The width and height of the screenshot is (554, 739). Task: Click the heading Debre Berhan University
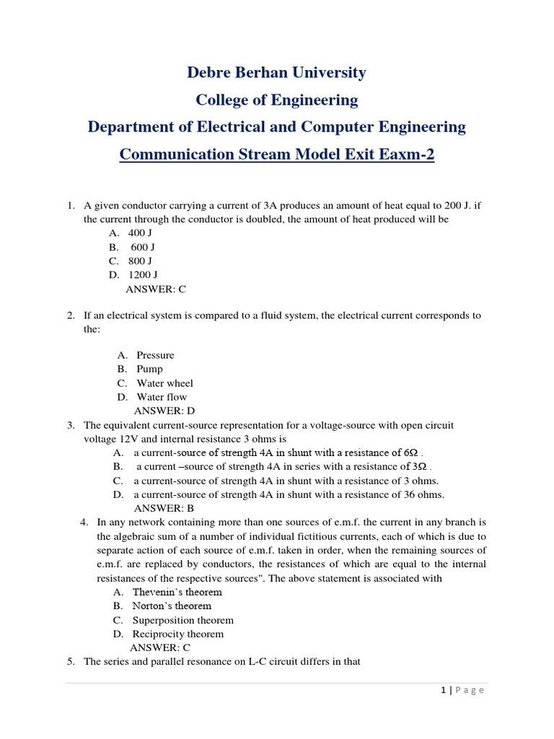click(277, 73)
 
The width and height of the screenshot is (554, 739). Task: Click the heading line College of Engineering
click(277, 100)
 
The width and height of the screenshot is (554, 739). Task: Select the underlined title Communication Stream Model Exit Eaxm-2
click(277, 154)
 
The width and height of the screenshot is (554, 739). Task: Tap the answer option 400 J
click(140, 233)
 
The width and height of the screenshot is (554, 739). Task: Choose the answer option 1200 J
click(143, 274)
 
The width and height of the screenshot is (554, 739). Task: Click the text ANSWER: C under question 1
click(156, 289)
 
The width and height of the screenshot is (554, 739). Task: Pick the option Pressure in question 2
click(155, 355)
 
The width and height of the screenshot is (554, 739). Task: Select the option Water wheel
click(164, 383)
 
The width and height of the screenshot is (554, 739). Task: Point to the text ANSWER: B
click(164, 508)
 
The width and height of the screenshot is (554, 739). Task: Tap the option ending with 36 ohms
click(289, 494)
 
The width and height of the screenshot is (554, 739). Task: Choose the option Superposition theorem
click(183, 620)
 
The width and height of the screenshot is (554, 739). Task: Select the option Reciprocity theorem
click(178, 634)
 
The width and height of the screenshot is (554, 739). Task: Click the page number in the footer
click(444, 690)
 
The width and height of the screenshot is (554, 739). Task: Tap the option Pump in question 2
click(149, 369)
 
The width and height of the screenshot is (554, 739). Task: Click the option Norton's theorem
click(172, 606)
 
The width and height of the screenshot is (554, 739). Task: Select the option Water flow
click(162, 397)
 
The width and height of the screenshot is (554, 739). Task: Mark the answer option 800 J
click(140, 261)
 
